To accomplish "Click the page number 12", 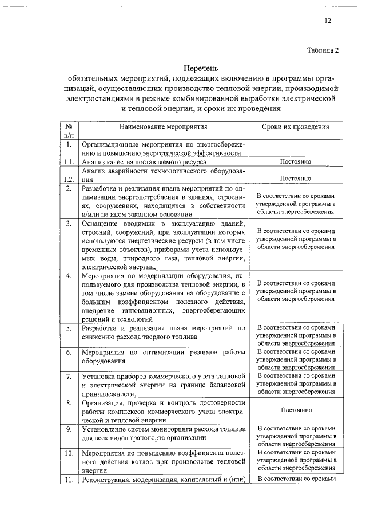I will point(328,21).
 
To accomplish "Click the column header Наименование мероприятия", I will point(164,126).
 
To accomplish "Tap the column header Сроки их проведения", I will point(296,126).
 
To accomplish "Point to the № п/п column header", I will point(68,131).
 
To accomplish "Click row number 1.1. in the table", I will point(68,162).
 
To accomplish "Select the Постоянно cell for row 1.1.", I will point(296,162).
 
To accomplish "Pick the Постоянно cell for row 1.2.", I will point(296,178).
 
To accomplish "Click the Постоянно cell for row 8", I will point(296,410).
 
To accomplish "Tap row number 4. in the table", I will point(68,276).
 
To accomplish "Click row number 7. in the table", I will point(68,376).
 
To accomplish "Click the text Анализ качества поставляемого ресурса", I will point(142,162).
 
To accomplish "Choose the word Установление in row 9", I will point(106,428).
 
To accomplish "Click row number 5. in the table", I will point(68,328).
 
